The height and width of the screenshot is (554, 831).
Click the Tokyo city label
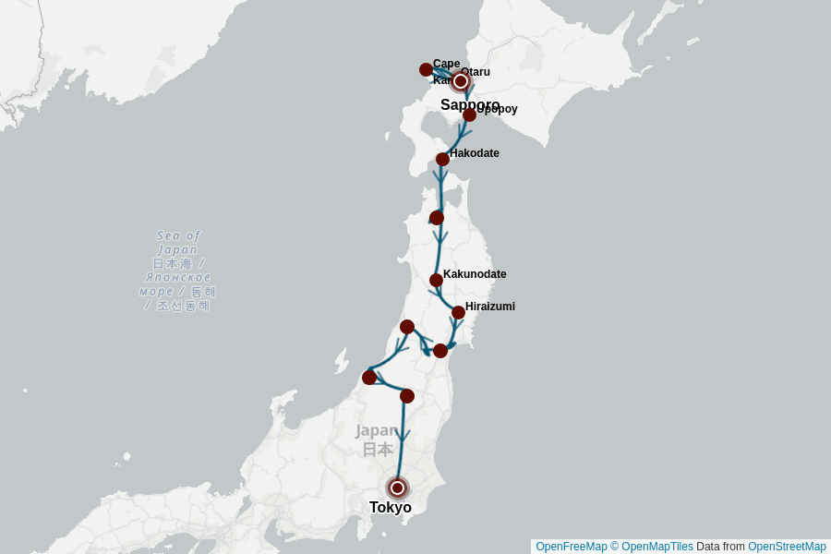point(391,507)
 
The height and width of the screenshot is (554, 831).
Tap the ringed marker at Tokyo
point(397,488)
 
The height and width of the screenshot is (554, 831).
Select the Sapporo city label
point(470,104)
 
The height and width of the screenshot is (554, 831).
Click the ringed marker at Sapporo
point(461,81)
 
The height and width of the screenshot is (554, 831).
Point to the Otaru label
point(476,71)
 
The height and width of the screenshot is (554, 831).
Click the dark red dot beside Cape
point(426,69)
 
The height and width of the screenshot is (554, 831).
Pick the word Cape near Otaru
point(446,63)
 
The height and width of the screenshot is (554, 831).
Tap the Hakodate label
point(475,153)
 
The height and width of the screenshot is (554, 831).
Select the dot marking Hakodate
point(442,159)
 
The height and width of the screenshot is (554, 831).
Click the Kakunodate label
point(475,274)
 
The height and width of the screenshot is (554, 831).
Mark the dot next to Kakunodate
point(436,280)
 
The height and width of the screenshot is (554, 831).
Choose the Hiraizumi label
point(490,307)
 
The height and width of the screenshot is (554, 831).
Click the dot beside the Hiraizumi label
point(458,312)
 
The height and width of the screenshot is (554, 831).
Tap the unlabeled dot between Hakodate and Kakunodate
point(437,218)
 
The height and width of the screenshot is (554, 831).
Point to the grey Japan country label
point(377,440)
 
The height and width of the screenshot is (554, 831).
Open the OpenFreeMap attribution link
point(571,547)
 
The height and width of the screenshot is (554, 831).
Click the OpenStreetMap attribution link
point(787,547)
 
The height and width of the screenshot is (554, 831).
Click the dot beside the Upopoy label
point(469,114)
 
